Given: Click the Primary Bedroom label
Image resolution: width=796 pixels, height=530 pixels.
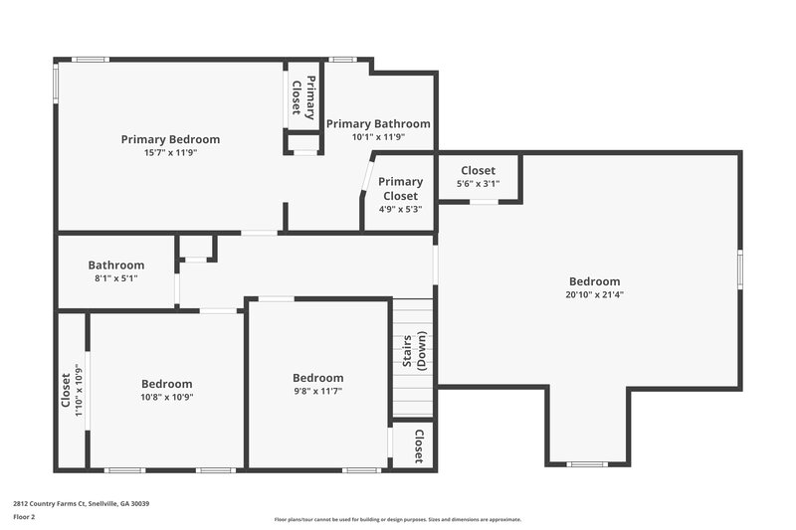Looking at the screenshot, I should pos(170,139).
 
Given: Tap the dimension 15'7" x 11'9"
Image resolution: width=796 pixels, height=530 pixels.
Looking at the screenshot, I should pos(170,153).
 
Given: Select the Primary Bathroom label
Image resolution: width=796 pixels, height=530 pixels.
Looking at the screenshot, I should pos(378,124).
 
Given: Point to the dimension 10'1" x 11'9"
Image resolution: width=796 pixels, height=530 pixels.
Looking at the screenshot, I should pos(378,137).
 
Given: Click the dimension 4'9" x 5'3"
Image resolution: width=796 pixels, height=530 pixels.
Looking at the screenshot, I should pos(400,209).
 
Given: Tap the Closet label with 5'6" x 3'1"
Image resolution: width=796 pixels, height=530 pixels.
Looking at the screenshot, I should pos(478,171).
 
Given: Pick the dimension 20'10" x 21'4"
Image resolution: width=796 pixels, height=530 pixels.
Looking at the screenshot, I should pos(594,294).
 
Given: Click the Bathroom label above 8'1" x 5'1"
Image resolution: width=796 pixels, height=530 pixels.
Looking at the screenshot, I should pos(115,265).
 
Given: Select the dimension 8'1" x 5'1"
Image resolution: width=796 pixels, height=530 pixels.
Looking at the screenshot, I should pos(115,278).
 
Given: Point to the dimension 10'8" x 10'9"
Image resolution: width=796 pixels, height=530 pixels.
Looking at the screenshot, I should pos(166,397).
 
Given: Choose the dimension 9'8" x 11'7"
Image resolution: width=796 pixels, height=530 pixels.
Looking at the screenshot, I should pos(317,391).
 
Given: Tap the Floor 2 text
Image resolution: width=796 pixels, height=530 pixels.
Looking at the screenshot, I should pos(24,517).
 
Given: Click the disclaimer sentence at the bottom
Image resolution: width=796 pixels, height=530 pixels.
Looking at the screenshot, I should pos(397,519).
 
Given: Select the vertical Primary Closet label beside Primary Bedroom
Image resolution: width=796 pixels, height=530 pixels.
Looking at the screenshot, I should pos(303,95).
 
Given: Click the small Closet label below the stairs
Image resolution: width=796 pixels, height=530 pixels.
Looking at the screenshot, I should pos(419,445).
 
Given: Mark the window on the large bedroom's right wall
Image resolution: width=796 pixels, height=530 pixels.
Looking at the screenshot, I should pos(739,269).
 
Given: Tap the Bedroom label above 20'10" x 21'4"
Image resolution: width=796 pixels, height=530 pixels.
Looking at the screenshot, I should pos(594,281).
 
